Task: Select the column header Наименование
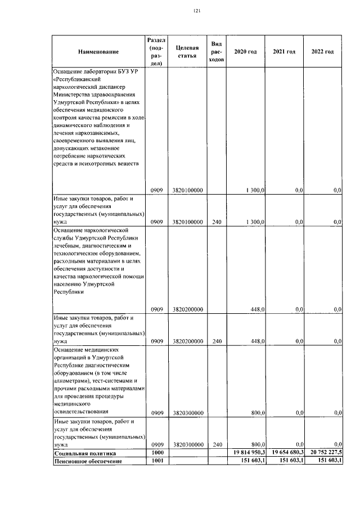(x=98, y=52)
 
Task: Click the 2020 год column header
(x=245, y=52)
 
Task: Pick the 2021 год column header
(x=284, y=52)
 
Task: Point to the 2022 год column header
(x=322, y=52)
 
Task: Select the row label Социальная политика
(x=84, y=452)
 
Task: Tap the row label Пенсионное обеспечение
(x=88, y=461)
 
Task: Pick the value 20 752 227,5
(x=323, y=452)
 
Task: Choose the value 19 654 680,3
(x=285, y=452)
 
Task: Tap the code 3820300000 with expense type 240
(x=187, y=444)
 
